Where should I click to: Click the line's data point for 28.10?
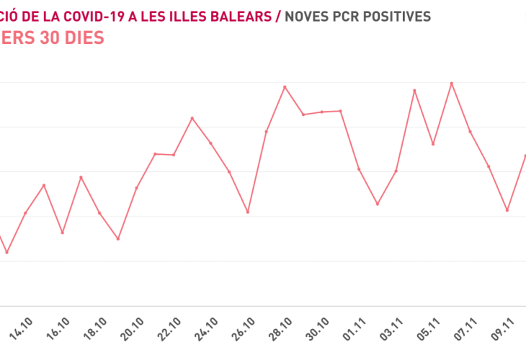click(285, 87)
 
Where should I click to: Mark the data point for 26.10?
click(248, 212)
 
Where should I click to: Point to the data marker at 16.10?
click(63, 233)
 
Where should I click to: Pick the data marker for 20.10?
click(137, 188)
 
